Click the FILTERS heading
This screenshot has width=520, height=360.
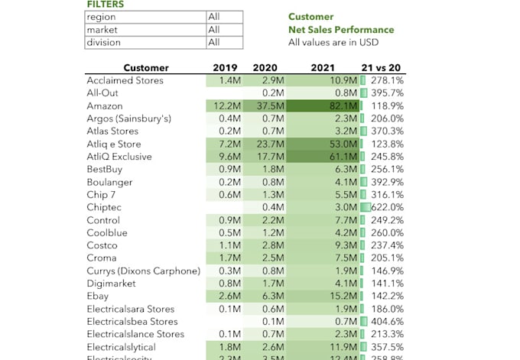[x=105, y=5]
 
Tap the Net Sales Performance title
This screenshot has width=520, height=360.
[x=341, y=30]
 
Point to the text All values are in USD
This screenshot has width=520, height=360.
[x=341, y=43]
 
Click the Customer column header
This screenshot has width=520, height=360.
[x=145, y=68]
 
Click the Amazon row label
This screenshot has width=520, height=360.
[x=105, y=105]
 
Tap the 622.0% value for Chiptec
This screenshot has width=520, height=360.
[x=387, y=207]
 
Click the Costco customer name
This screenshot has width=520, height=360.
[x=102, y=245]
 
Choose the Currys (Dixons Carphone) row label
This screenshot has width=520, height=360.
[x=144, y=271]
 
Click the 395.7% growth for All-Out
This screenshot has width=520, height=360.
[x=388, y=93]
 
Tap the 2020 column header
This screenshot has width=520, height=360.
[x=265, y=68]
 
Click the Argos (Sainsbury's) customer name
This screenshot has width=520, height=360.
[x=128, y=118]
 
